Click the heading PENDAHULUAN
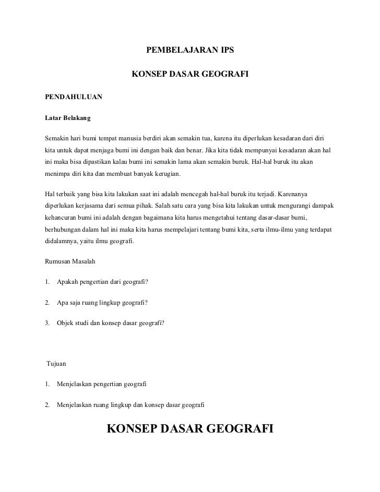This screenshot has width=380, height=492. click(x=74, y=97)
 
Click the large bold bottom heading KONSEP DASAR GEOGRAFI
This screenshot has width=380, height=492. click(x=190, y=429)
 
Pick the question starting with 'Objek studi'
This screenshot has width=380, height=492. click(x=111, y=322)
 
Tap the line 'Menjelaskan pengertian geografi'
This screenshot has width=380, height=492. click(x=102, y=384)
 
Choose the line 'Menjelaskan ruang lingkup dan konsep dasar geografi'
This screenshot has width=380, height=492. click(x=130, y=404)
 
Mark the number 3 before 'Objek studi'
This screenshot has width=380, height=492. click(x=47, y=322)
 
